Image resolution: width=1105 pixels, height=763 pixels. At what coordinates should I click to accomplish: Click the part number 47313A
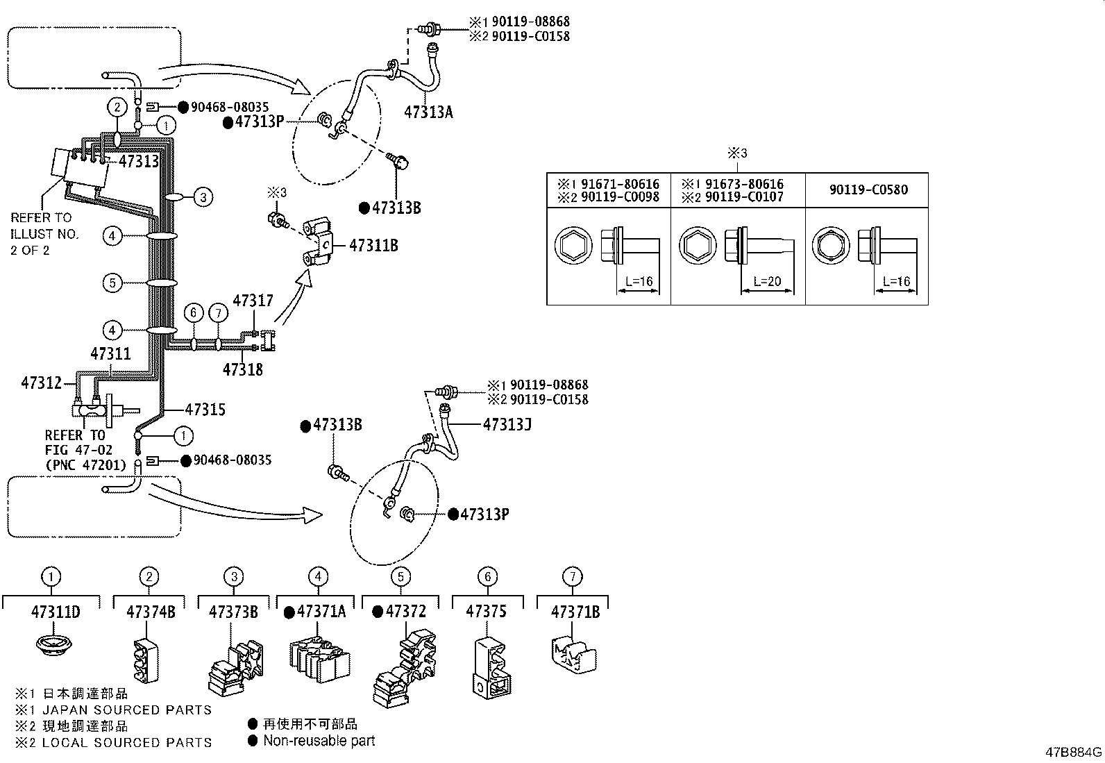coord(428,112)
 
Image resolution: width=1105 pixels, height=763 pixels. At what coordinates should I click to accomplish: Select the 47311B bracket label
coord(373,245)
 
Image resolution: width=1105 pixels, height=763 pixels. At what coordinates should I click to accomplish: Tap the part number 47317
coord(253,301)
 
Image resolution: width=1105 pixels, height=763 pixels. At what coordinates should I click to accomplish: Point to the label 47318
coord(243,369)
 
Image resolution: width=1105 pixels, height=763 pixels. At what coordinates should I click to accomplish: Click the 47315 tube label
coord(205,409)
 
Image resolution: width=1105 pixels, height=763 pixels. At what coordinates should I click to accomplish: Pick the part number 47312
coord(42,383)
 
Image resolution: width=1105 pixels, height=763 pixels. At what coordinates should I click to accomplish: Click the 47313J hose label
coord(507,424)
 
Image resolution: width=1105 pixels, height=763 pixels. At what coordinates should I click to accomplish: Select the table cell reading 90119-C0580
coord(868,190)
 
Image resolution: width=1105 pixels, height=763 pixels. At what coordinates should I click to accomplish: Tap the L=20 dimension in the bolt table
coord(767,281)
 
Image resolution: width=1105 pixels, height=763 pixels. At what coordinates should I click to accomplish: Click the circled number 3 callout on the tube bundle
coord(203,197)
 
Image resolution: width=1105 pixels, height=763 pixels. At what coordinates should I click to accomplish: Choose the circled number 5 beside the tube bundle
coord(112,283)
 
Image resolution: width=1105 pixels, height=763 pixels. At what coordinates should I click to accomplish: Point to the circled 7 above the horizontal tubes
coord(218,312)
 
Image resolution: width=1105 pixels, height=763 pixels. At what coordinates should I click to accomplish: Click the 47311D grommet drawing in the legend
coord(54,644)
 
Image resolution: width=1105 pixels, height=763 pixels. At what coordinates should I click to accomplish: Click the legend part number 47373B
coord(233,612)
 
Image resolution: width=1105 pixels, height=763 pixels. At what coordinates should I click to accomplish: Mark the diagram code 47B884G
coord(1074,752)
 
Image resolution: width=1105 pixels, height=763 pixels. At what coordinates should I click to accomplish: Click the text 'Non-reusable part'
coord(319,740)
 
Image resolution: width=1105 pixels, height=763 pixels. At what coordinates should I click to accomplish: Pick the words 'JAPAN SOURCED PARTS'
coord(127,710)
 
